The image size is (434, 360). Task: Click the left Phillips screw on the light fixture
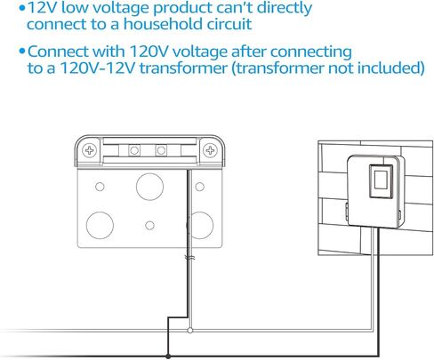(89, 150)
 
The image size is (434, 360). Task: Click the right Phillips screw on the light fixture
(210, 150)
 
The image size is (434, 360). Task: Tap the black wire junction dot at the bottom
(168, 356)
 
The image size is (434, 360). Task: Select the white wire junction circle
(190, 330)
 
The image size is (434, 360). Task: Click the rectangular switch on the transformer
(382, 181)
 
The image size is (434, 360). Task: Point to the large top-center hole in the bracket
(149, 187)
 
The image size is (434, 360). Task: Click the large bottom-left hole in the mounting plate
(100, 225)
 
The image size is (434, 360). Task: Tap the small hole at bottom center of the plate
(149, 226)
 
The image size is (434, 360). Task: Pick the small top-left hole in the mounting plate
(100, 187)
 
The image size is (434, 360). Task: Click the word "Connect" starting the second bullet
(59, 52)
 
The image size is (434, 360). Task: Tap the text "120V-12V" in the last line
(97, 68)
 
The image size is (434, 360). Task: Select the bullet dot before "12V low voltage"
(22, 8)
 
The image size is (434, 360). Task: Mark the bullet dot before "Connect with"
(22, 51)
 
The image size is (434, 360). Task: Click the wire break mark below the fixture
(189, 258)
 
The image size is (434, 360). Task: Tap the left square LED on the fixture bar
(134, 150)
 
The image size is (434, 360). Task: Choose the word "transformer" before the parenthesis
(183, 68)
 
